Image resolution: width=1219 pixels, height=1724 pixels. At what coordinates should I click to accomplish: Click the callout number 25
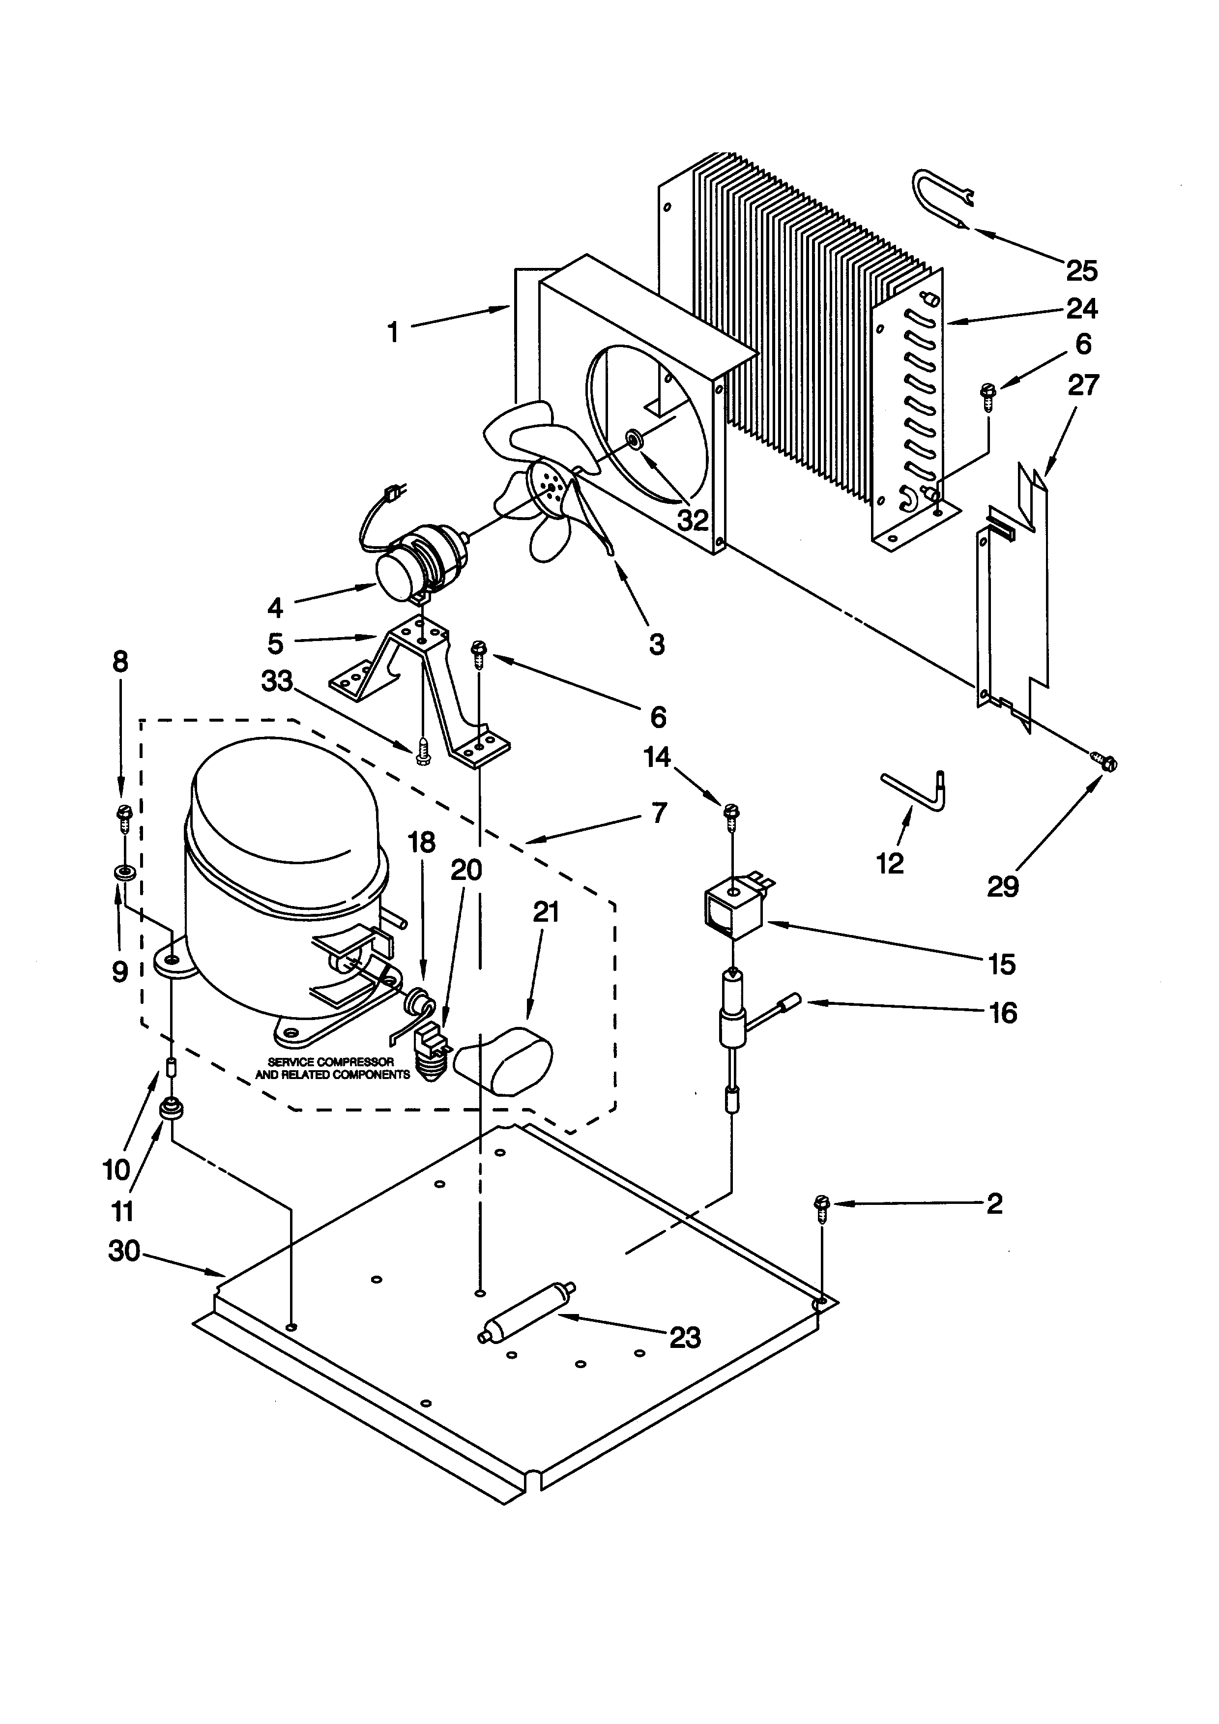[x=1082, y=270]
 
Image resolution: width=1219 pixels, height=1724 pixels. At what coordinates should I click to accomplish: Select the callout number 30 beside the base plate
[x=124, y=1251]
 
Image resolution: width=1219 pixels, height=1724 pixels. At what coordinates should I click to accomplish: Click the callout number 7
[x=658, y=813]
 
